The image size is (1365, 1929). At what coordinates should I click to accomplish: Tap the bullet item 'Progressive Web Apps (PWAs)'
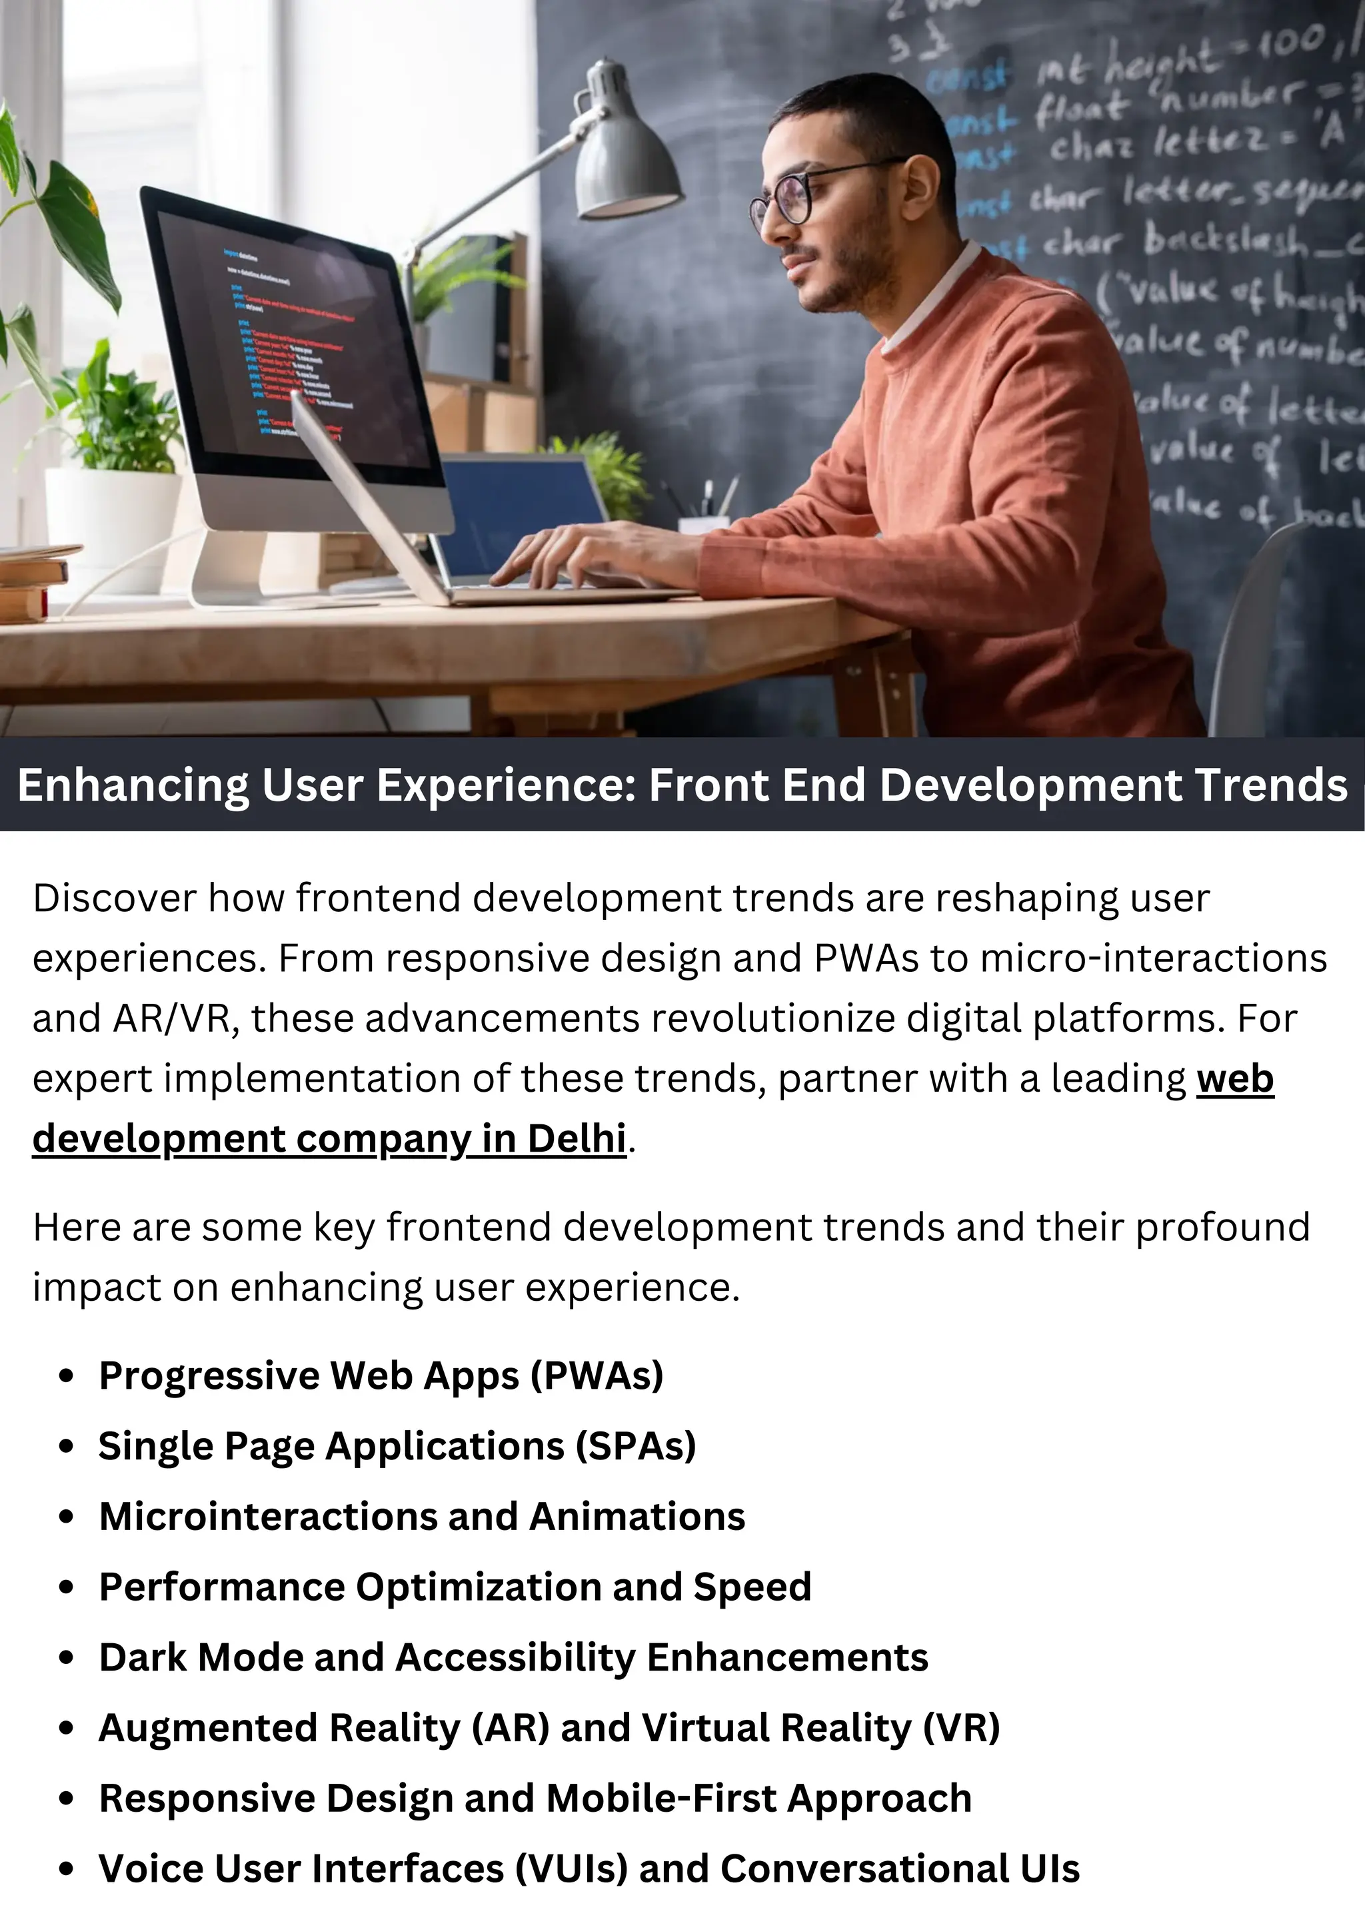(381, 1376)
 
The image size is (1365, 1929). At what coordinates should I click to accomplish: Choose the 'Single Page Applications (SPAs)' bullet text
(397, 1447)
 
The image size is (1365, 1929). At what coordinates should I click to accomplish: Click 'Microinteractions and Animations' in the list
(422, 1517)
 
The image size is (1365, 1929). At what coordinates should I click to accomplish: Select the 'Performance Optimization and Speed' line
(455, 1587)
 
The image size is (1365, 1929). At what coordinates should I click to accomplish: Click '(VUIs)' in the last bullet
(572, 1868)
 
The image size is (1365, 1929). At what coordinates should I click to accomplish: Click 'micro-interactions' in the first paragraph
(1153, 959)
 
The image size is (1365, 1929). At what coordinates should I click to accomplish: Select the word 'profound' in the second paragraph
(1222, 1228)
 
